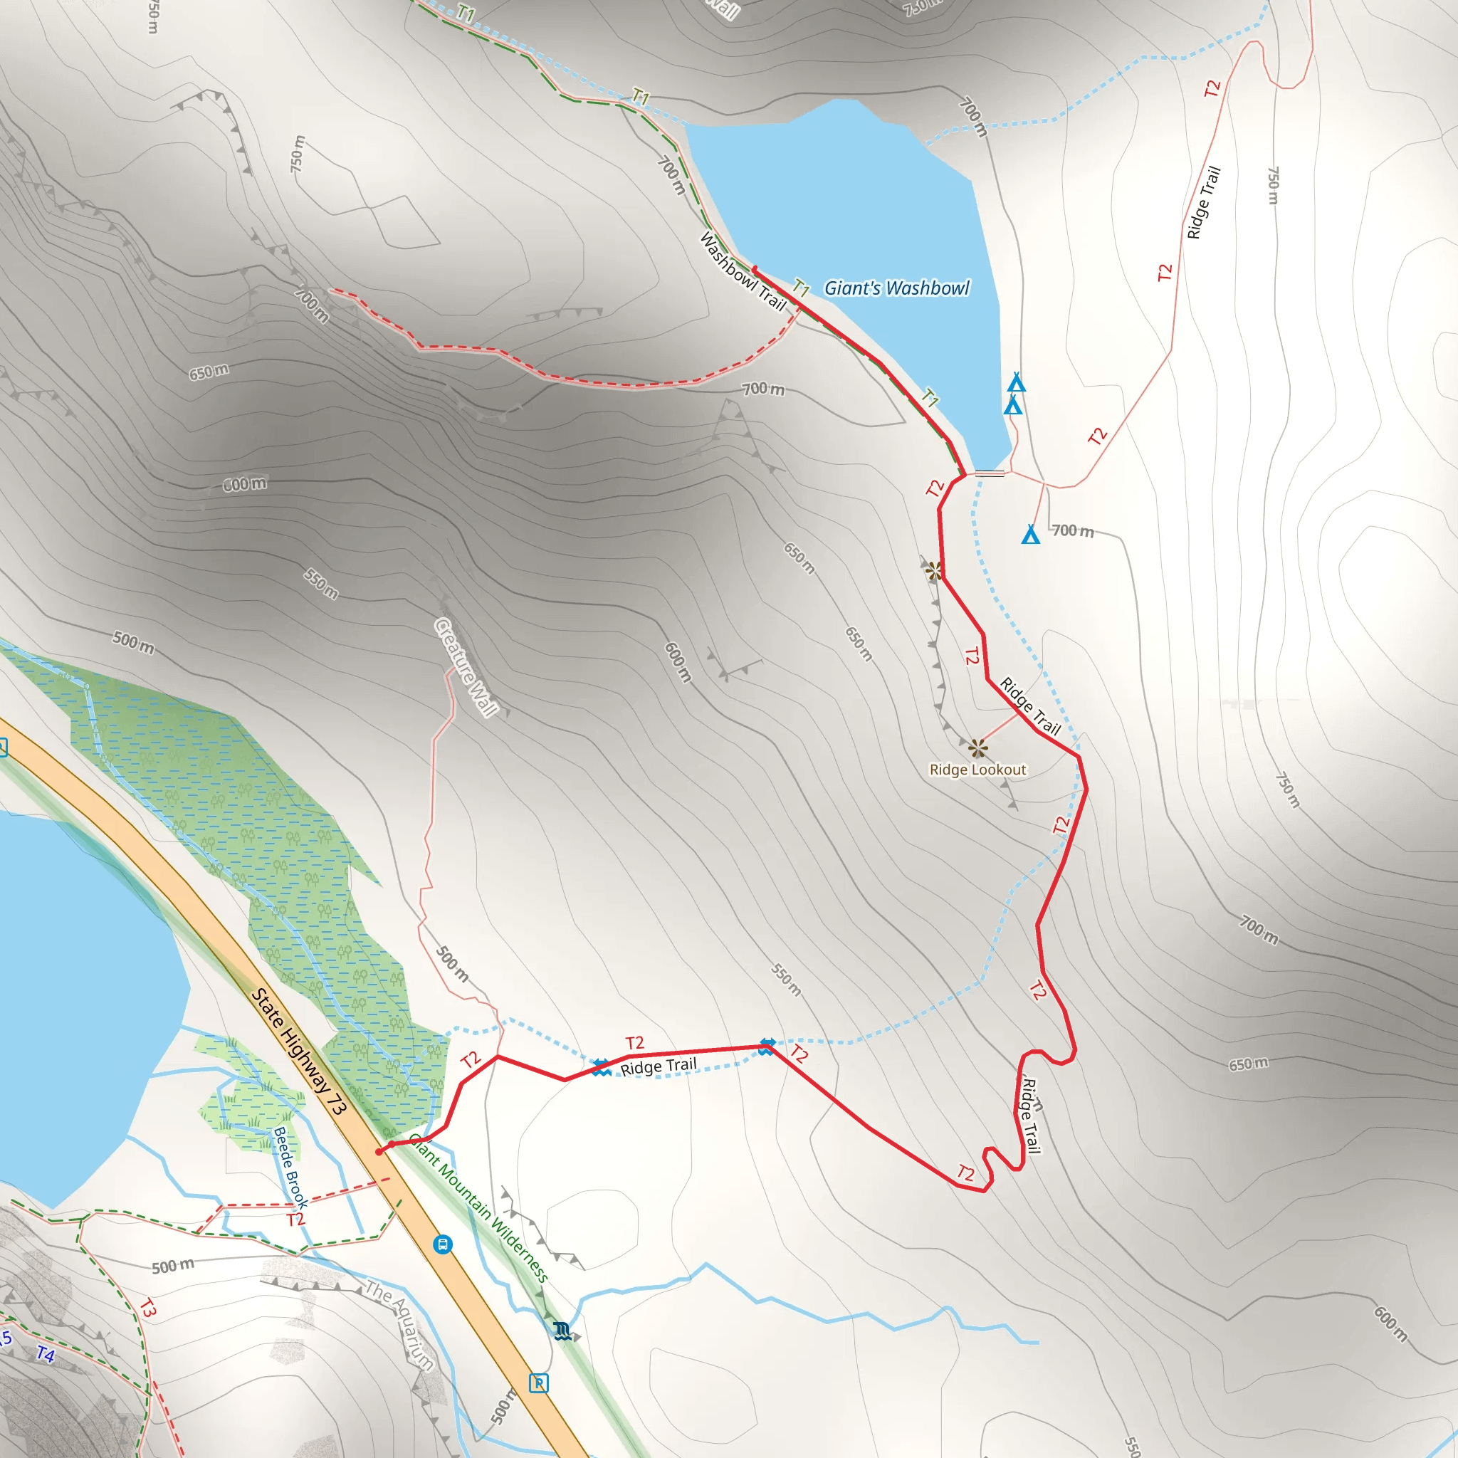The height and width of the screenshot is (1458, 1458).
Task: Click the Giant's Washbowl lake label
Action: [896, 288]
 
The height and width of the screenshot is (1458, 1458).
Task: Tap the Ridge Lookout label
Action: [977, 770]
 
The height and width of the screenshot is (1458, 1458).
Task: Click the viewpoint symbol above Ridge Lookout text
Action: [978, 749]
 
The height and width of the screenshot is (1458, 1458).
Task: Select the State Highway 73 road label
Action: [298, 1051]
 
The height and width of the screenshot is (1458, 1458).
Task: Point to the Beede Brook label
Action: [290, 1167]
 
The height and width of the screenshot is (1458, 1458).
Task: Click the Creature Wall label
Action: [466, 667]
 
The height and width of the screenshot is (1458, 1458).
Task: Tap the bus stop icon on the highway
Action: [443, 1244]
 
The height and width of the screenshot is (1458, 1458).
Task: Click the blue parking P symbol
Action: [538, 1383]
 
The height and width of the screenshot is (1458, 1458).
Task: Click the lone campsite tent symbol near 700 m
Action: [1030, 535]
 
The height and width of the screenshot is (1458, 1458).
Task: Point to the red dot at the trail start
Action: [379, 1152]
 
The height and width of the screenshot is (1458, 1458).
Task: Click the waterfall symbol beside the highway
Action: [562, 1331]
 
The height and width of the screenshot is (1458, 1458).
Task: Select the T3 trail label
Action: [147, 1308]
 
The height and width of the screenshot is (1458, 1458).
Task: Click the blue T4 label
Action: [46, 1354]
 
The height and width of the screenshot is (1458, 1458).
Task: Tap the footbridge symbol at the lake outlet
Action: [990, 473]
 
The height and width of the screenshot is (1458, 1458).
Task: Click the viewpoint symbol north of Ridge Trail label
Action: [933, 571]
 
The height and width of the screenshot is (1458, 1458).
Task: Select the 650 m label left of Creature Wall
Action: [209, 372]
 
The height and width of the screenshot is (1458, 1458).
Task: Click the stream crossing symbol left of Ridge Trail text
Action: [601, 1067]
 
